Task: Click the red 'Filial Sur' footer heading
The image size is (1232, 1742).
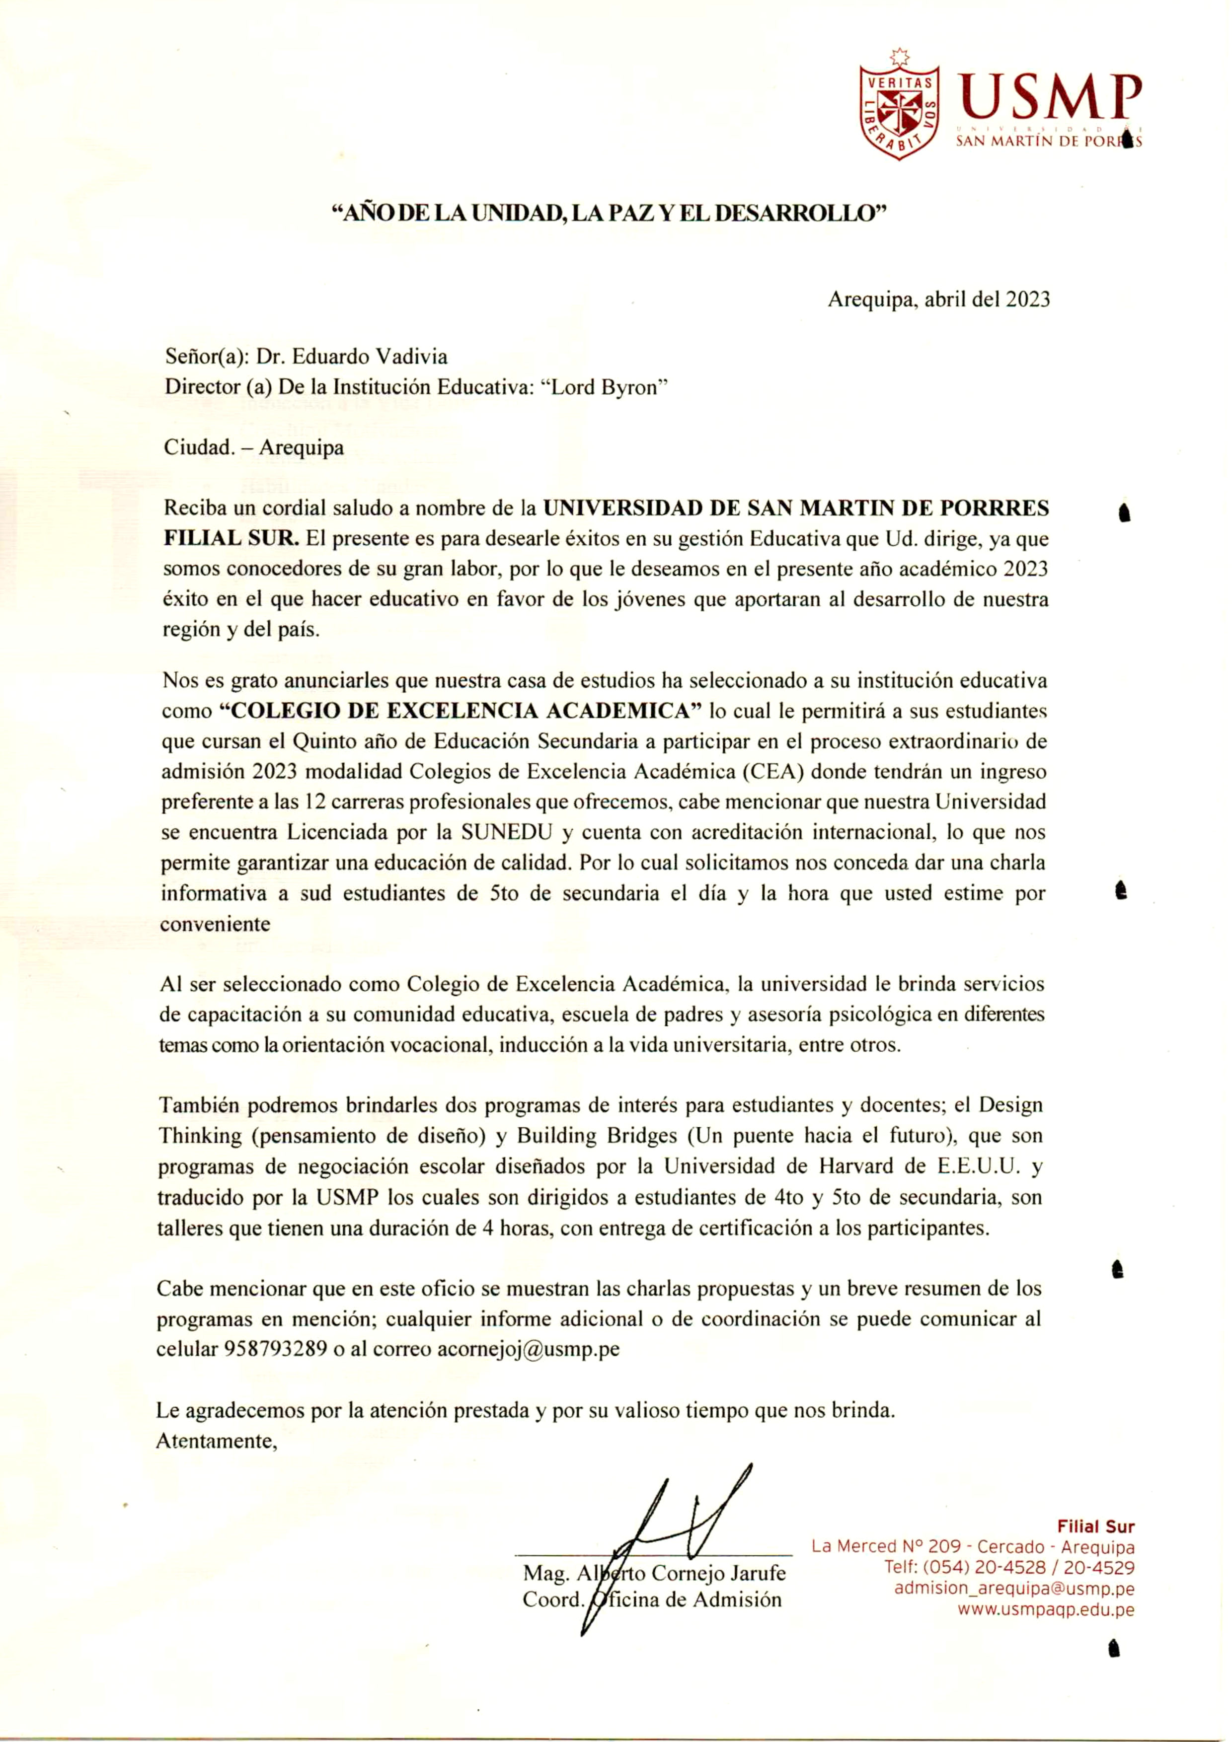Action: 1095,1526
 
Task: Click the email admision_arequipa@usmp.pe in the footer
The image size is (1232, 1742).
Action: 1014,1588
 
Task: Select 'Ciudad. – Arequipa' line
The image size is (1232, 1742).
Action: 253,447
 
